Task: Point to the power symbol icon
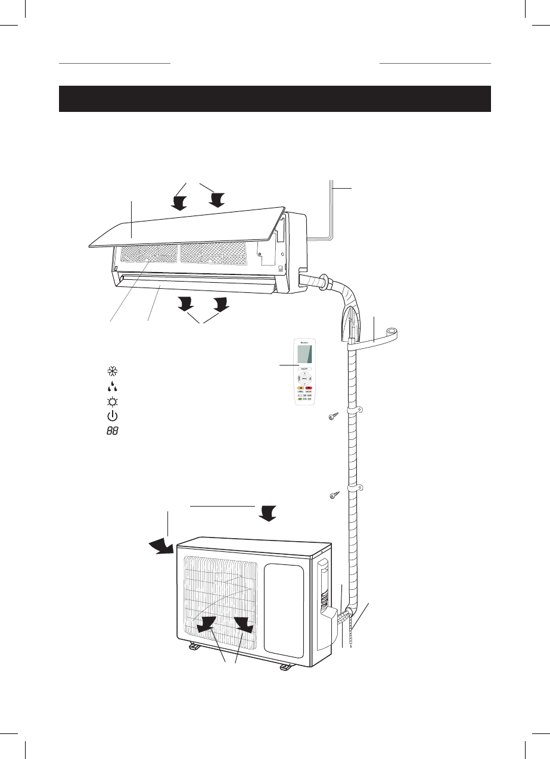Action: [x=111, y=416]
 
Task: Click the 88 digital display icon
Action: [x=112, y=430]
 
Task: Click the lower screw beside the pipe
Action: [x=334, y=495]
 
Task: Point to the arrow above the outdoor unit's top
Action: [x=268, y=513]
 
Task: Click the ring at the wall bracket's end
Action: [x=393, y=330]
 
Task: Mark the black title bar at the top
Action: [x=275, y=99]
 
